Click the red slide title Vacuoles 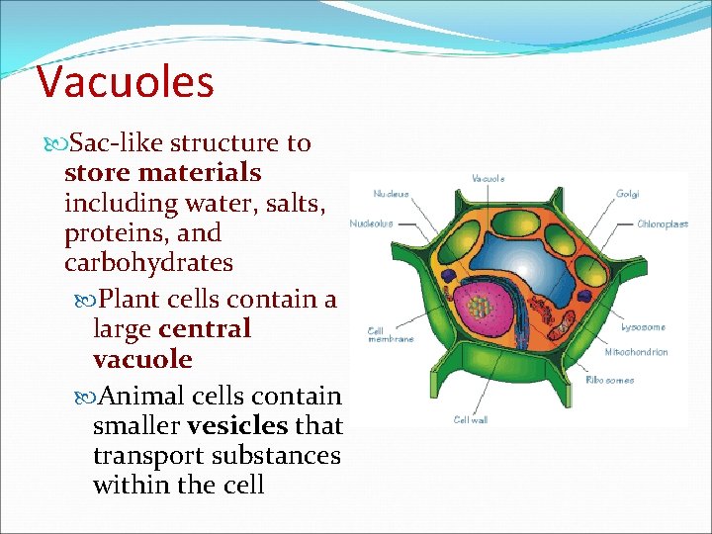[125, 82]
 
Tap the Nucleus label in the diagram [392, 194]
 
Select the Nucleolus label [371, 223]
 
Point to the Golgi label [627, 194]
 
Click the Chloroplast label [662, 224]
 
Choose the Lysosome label [643, 326]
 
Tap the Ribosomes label [610, 380]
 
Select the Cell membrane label [390, 334]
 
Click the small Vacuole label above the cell [488, 179]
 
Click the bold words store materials [162, 173]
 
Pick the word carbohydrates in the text [148, 263]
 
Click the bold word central [205, 328]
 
